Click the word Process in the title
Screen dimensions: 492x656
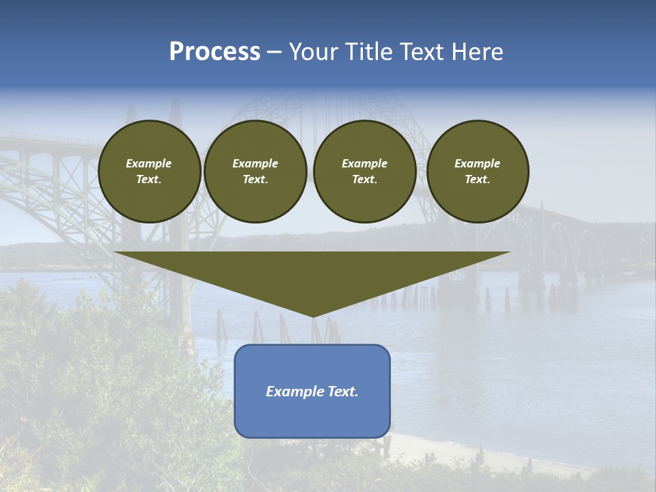pos(215,52)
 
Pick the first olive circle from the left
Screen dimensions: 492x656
pos(150,172)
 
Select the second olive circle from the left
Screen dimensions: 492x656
pos(256,172)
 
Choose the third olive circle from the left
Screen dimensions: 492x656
pos(365,172)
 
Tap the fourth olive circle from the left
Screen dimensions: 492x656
pos(478,172)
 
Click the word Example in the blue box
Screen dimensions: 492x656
pos(292,392)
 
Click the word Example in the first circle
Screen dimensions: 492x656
pos(149,163)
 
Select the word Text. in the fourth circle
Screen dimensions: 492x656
pos(478,180)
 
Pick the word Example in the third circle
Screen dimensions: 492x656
pos(365,163)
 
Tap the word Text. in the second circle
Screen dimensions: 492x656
pos(256,180)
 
